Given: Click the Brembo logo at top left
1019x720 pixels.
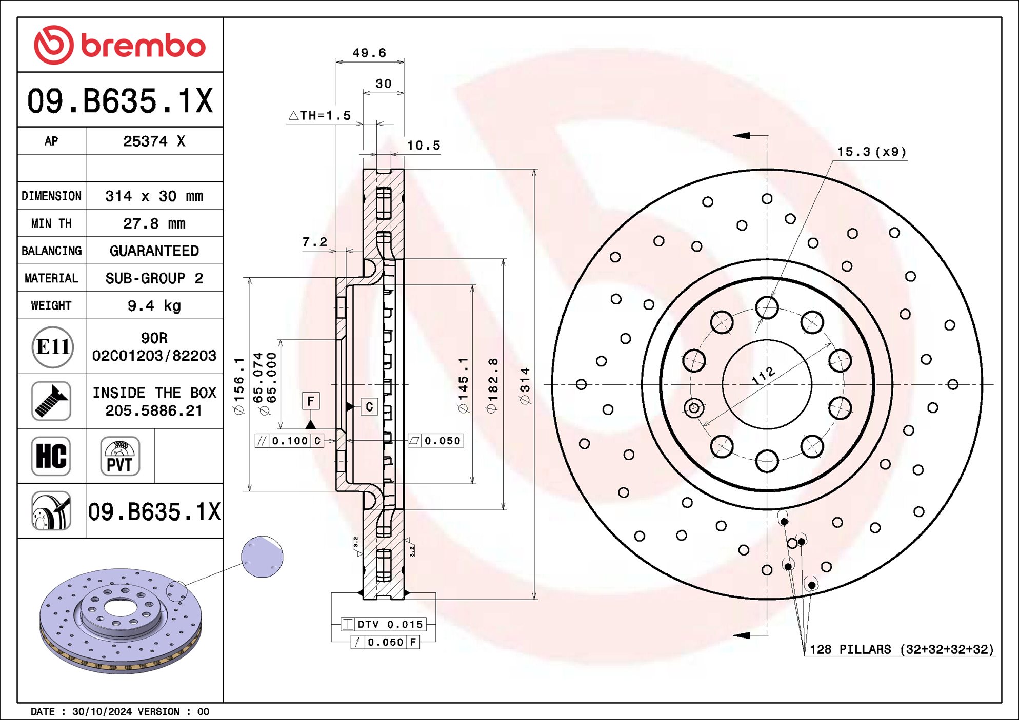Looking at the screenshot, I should pos(119,45).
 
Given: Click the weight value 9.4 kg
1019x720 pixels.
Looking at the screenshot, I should pos(154,306).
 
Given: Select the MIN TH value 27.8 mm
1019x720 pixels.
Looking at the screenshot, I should pos(154,223).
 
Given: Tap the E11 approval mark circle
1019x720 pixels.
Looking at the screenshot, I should pos(52,347).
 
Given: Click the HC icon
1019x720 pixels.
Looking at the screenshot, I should pos(51,456).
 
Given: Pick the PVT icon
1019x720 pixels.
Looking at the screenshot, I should pos(119,456).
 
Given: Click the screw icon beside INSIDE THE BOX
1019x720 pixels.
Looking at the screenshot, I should pos(51,401).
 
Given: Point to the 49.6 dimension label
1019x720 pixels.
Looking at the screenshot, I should pos(369,53).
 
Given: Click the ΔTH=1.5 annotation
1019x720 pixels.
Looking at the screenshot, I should pos(320,116).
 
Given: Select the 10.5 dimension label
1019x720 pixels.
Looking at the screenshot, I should pos(423,146).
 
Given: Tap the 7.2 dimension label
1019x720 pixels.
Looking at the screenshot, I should pos(314,242).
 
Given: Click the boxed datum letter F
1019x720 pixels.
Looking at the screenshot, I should pos(311,401).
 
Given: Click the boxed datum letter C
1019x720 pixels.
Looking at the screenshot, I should pos(369,407).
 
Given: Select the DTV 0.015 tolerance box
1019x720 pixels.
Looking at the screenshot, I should pos(384,624).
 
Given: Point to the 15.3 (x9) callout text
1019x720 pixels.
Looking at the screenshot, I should pos(871,152).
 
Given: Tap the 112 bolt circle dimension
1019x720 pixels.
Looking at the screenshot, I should pos(763,376).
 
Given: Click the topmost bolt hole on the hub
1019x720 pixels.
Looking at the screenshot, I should pos(767,307).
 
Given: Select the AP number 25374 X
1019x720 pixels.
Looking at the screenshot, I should pos(154,141).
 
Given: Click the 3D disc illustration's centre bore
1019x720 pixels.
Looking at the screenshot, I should pos(120,608).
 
